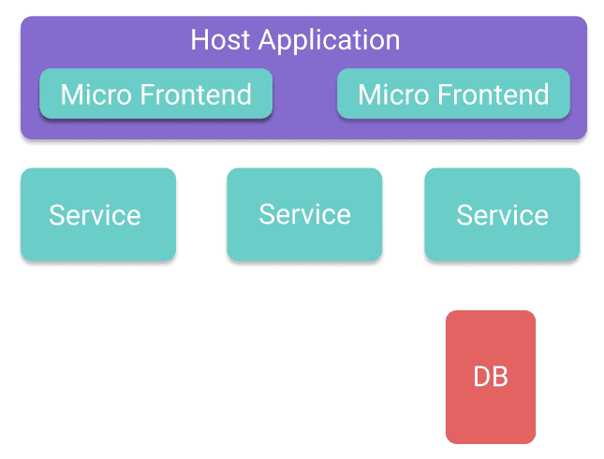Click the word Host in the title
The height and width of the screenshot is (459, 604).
(221, 39)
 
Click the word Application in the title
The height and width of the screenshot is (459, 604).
(330, 41)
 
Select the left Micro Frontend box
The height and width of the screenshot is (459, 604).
(156, 93)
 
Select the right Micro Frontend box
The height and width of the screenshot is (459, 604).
(453, 93)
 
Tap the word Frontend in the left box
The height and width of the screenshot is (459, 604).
(196, 94)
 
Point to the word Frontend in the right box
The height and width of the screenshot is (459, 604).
(494, 94)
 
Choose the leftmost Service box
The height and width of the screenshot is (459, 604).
(98, 214)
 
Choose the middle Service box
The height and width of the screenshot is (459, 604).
(304, 214)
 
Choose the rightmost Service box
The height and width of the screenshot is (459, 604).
(502, 214)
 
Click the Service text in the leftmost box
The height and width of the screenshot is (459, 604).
(95, 215)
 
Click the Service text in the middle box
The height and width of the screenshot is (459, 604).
(304, 214)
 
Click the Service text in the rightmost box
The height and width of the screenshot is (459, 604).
(502, 215)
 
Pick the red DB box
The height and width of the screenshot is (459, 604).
(491, 377)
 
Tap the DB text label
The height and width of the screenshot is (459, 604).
(491, 377)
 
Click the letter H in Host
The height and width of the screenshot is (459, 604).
(199, 39)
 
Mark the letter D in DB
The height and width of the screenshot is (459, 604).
(482, 377)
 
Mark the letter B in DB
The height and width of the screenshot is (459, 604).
(500, 377)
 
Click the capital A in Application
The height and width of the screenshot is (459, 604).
(269, 39)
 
